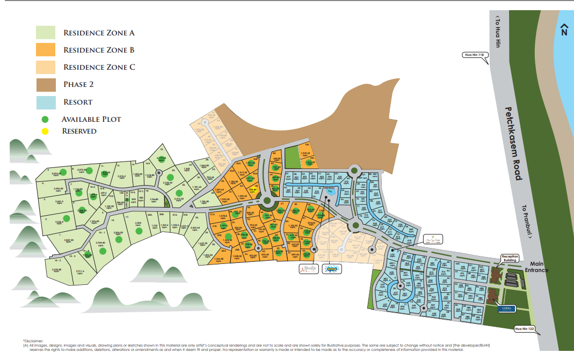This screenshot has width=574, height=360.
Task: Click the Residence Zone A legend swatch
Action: click(47, 33)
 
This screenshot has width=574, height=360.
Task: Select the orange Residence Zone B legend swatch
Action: click(47, 50)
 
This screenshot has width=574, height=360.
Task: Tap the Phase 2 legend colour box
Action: click(47, 85)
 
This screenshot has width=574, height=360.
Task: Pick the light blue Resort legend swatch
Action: click(47, 102)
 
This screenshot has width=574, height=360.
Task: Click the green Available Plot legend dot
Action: click(46, 119)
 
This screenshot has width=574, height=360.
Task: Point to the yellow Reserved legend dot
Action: click(46, 131)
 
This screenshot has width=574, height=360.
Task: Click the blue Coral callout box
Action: click(505, 308)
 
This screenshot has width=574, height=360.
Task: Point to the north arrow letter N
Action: click(563, 32)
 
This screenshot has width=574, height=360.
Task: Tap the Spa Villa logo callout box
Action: click(431, 239)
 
